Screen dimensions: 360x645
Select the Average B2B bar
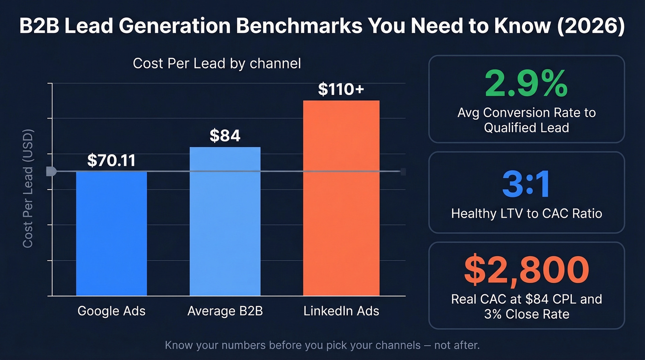225,221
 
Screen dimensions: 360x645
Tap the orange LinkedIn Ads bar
341,198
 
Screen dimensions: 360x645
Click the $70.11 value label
111,160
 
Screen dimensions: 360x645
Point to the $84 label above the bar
225,136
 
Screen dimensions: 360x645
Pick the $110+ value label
341,89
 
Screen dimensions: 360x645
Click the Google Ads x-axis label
111,311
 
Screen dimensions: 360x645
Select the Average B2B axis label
225,311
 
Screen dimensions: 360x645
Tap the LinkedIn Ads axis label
341,311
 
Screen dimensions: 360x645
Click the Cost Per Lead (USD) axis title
28,189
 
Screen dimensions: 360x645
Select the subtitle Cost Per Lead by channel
217,63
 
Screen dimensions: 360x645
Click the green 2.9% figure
526,84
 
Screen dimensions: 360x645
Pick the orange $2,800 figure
526,271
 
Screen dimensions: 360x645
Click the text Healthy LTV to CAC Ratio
526,213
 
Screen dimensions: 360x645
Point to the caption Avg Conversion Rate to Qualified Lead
526,120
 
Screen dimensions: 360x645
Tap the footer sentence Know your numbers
322,345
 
